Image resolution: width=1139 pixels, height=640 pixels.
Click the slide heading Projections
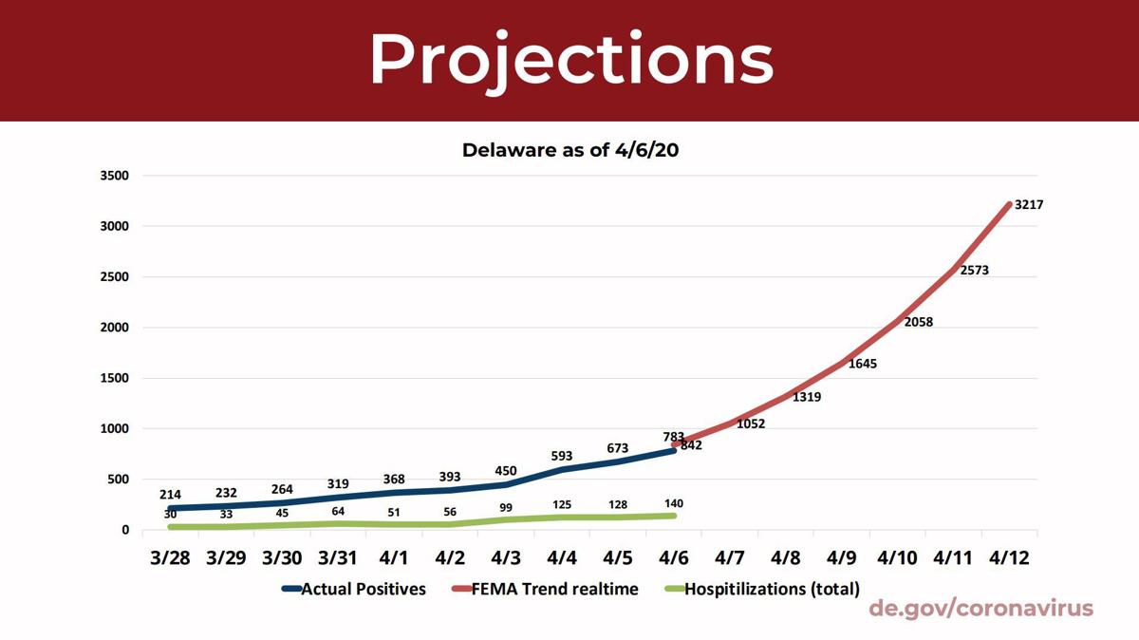pyautogui.click(x=570, y=59)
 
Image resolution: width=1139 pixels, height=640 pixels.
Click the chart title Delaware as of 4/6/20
pyautogui.click(x=570, y=150)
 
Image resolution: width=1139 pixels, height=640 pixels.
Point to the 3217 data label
pyautogui.click(x=1029, y=204)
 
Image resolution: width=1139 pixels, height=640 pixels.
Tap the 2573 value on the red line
pyautogui.click(x=974, y=271)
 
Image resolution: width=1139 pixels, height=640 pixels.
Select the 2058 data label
pyautogui.click(x=918, y=322)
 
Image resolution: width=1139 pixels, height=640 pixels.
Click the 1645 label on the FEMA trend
pyautogui.click(x=862, y=364)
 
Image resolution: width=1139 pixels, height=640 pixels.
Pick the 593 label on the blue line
pyautogui.click(x=561, y=456)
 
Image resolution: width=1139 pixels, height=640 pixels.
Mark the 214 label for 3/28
pyautogui.click(x=171, y=495)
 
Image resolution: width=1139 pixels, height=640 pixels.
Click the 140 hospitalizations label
pyautogui.click(x=673, y=504)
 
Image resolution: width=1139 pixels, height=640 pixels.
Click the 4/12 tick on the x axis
pyautogui.click(x=1009, y=557)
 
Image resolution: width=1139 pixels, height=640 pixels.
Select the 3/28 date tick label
pyautogui.click(x=171, y=557)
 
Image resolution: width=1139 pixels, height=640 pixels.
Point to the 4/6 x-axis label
pyautogui.click(x=673, y=557)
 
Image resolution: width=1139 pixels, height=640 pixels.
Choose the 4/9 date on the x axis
pyautogui.click(x=841, y=557)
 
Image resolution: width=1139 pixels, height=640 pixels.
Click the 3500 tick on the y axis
pyautogui.click(x=112, y=176)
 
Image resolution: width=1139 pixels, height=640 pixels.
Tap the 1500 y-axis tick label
pyautogui.click(x=112, y=378)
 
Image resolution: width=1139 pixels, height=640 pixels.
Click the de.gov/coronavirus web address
pyautogui.click(x=981, y=609)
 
